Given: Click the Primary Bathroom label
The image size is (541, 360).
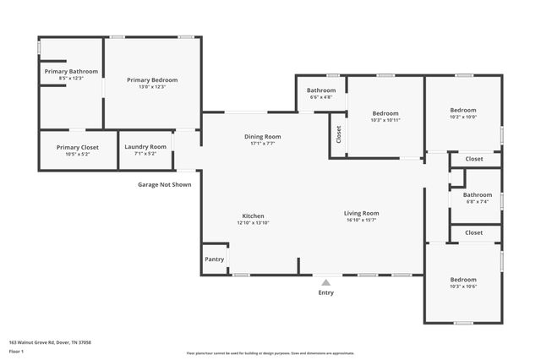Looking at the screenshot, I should [71, 72].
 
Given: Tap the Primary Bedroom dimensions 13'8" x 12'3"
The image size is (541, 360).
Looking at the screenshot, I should [152, 87].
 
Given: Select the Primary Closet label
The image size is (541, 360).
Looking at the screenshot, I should [78, 148].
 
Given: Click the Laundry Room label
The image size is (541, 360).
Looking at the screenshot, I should [145, 148].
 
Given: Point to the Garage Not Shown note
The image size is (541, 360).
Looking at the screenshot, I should [165, 184].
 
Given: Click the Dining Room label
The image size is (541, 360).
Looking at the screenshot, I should [262, 136].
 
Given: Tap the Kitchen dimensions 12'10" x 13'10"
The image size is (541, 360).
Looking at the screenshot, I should [253, 224].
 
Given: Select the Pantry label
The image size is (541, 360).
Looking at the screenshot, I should [215, 259].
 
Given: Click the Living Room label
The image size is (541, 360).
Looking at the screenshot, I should [361, 213].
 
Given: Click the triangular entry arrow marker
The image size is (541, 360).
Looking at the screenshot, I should [325, 281].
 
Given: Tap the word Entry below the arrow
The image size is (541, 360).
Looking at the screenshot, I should [325, 293].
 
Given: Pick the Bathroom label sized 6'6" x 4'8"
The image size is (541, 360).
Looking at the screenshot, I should [321, 90].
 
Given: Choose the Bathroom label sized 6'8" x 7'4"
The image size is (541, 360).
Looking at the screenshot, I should [478, 195].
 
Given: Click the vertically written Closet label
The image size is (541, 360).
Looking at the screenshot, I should [339, 135].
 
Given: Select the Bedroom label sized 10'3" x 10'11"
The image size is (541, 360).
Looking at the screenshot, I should [385, 113].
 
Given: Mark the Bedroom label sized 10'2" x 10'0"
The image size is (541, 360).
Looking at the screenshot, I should [463, 110].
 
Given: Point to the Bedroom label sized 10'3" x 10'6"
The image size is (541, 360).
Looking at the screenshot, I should [463, 280].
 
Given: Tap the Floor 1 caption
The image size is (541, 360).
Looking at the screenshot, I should [17, 351].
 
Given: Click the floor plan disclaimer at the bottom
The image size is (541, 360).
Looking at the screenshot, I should [270, 353].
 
